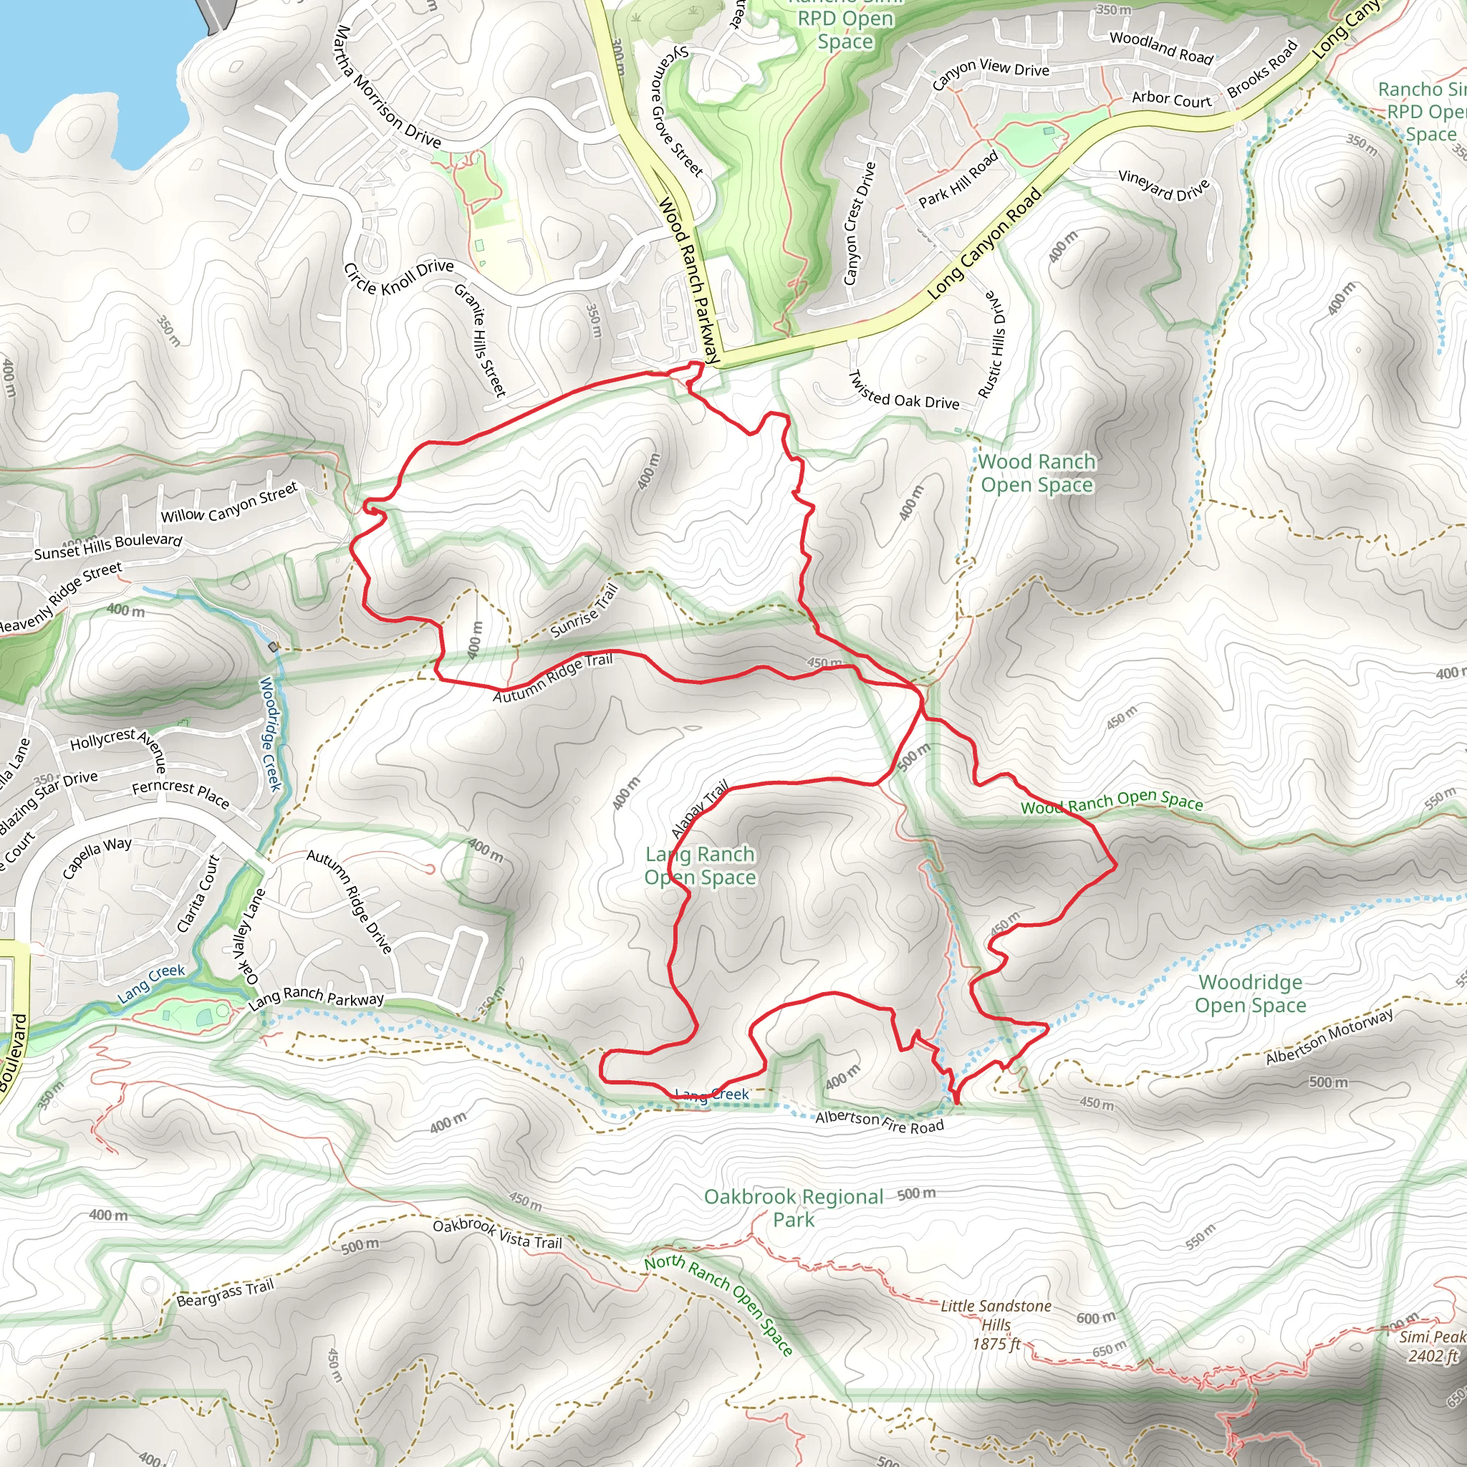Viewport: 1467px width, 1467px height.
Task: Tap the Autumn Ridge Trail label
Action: click(553, 678)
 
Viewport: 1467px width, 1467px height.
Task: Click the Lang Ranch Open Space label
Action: click(699, 865)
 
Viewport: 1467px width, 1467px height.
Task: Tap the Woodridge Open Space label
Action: click(1250, 994)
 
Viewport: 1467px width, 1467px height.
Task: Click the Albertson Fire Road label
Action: click(880, 1122)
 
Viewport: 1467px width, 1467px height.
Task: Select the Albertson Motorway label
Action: click(1329, 1037)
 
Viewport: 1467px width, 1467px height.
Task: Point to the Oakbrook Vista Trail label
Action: click(497, 1234)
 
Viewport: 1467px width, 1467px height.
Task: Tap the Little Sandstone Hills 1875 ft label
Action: click(996, 1325)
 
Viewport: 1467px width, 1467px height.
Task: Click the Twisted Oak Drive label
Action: click(903, 391)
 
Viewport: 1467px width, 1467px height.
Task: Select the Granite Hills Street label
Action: click(480, 340)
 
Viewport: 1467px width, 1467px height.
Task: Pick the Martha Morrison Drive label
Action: click(388, 86)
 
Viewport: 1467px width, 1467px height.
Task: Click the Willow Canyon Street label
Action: click(229, 504)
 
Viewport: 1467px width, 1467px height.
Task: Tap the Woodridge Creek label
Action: click(270, 733)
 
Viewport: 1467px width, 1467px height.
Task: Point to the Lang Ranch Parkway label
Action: click(316, 999)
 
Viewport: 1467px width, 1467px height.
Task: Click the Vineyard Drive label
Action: click(1164, 186)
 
